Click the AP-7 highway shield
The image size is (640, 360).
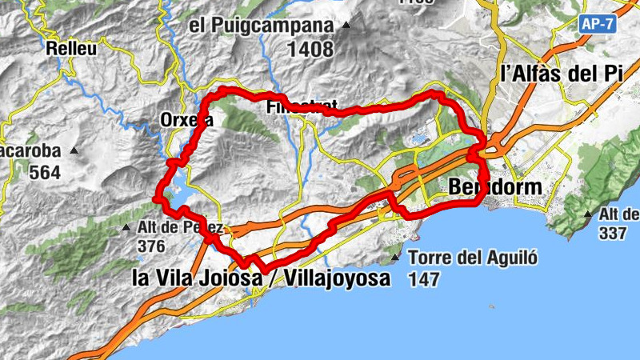click(598, 24)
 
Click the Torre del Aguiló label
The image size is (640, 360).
click(472, 258)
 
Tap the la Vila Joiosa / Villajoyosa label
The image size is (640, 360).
click(261, 279)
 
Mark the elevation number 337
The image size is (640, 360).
click(614, 233)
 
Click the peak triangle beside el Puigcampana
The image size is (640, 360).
click(346, 26)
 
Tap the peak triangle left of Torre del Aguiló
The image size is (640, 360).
click(395, 258)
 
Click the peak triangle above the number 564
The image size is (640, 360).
click(74, 150)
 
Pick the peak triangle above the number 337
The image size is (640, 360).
click(588, 214)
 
